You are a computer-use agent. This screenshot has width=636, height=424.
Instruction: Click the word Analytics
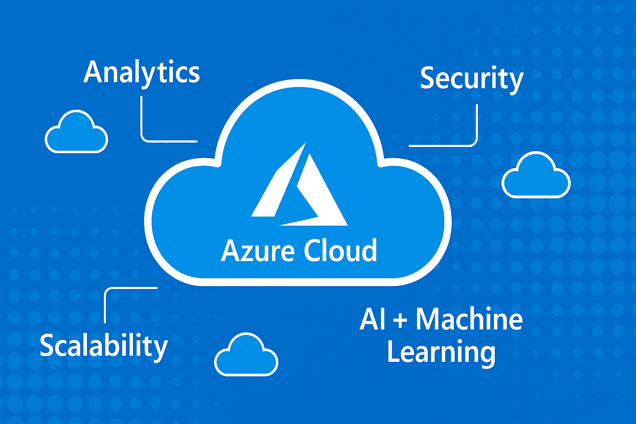(x=142, y=74)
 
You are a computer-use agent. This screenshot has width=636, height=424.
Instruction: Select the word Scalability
(x=104, y=347)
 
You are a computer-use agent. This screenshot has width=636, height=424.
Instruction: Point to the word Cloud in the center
(x=340, y=250)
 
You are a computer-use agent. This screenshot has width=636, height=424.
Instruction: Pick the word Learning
(x=441, y=353)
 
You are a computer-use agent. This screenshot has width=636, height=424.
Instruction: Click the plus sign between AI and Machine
(x=400, y=321)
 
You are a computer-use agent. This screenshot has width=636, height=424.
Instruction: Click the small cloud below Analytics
(x=76, y=132)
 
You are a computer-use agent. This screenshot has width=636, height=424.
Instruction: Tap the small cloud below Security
(x=536, y=175)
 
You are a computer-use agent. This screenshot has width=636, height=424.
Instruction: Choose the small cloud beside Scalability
(x=246, y=354)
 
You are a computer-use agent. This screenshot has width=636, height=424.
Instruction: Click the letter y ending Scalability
(x=160, y=350)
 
